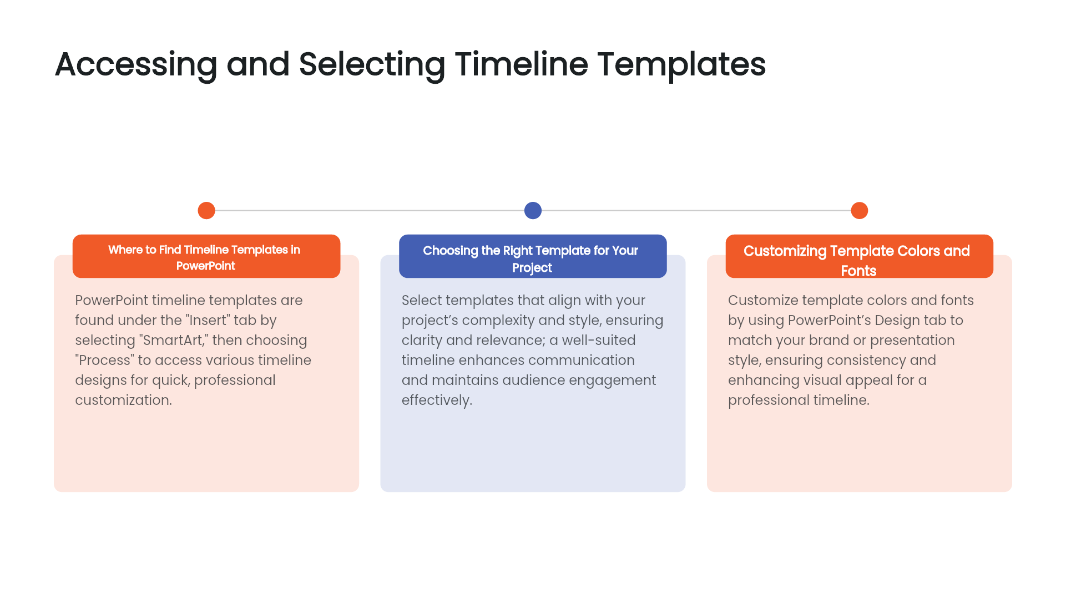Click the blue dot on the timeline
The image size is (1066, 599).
pos(533,211)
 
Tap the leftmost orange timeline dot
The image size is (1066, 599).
pos(206,211)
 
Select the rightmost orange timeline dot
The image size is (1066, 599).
pos(859,211)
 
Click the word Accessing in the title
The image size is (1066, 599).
pos(136,64)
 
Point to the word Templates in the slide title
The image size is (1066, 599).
pos(681,64)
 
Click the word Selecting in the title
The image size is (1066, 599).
pos(372,64)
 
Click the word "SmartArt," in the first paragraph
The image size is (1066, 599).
pos(174,340)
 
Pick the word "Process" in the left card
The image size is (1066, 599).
pos(104,360)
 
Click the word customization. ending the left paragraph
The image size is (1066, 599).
pos(123,400)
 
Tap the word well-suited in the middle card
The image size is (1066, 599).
pos(599,340)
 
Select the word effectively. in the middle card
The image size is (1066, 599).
pos(437,400)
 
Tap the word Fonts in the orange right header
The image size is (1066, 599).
pos(858,271)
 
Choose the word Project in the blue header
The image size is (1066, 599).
pos(532,268)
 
